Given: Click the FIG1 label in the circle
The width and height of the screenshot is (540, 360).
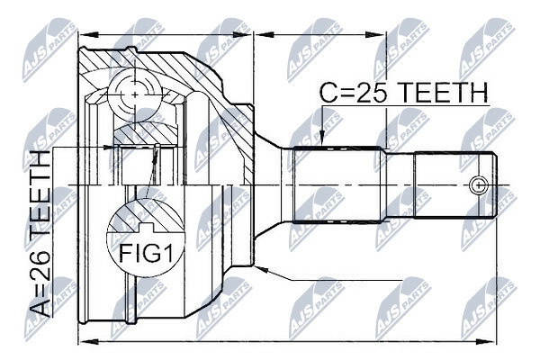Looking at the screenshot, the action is [145, 253].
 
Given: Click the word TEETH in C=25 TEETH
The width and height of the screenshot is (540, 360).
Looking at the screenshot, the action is [445, 93].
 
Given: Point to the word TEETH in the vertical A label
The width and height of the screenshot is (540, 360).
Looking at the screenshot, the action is [41, 194].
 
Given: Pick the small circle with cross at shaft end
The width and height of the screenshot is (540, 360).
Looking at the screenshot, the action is [479, 185].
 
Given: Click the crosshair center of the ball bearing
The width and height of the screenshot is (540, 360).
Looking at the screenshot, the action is [135, 94].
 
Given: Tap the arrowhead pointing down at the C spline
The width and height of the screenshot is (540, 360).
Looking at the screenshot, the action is [322, 139].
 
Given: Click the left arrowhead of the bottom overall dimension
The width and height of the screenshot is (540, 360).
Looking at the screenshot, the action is [89, 342].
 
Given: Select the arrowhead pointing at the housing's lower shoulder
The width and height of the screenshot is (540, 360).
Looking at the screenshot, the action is [263, 269].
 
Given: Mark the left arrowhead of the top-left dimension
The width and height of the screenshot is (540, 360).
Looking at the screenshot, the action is [89, 34].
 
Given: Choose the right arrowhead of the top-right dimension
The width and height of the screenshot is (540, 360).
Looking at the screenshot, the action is [374, 34].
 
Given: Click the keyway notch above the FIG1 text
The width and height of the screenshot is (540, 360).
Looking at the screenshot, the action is [145, 227].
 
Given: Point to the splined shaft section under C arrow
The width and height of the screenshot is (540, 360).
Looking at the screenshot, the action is [337, 185].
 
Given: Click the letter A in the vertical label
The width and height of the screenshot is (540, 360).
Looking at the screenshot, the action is [41, 306].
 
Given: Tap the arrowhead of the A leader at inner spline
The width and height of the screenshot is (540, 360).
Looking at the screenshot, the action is [109, 148].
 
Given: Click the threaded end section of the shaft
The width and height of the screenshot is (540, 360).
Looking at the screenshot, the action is [455, 185].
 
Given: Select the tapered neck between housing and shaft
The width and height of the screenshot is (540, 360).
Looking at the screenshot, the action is [268, 185].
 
